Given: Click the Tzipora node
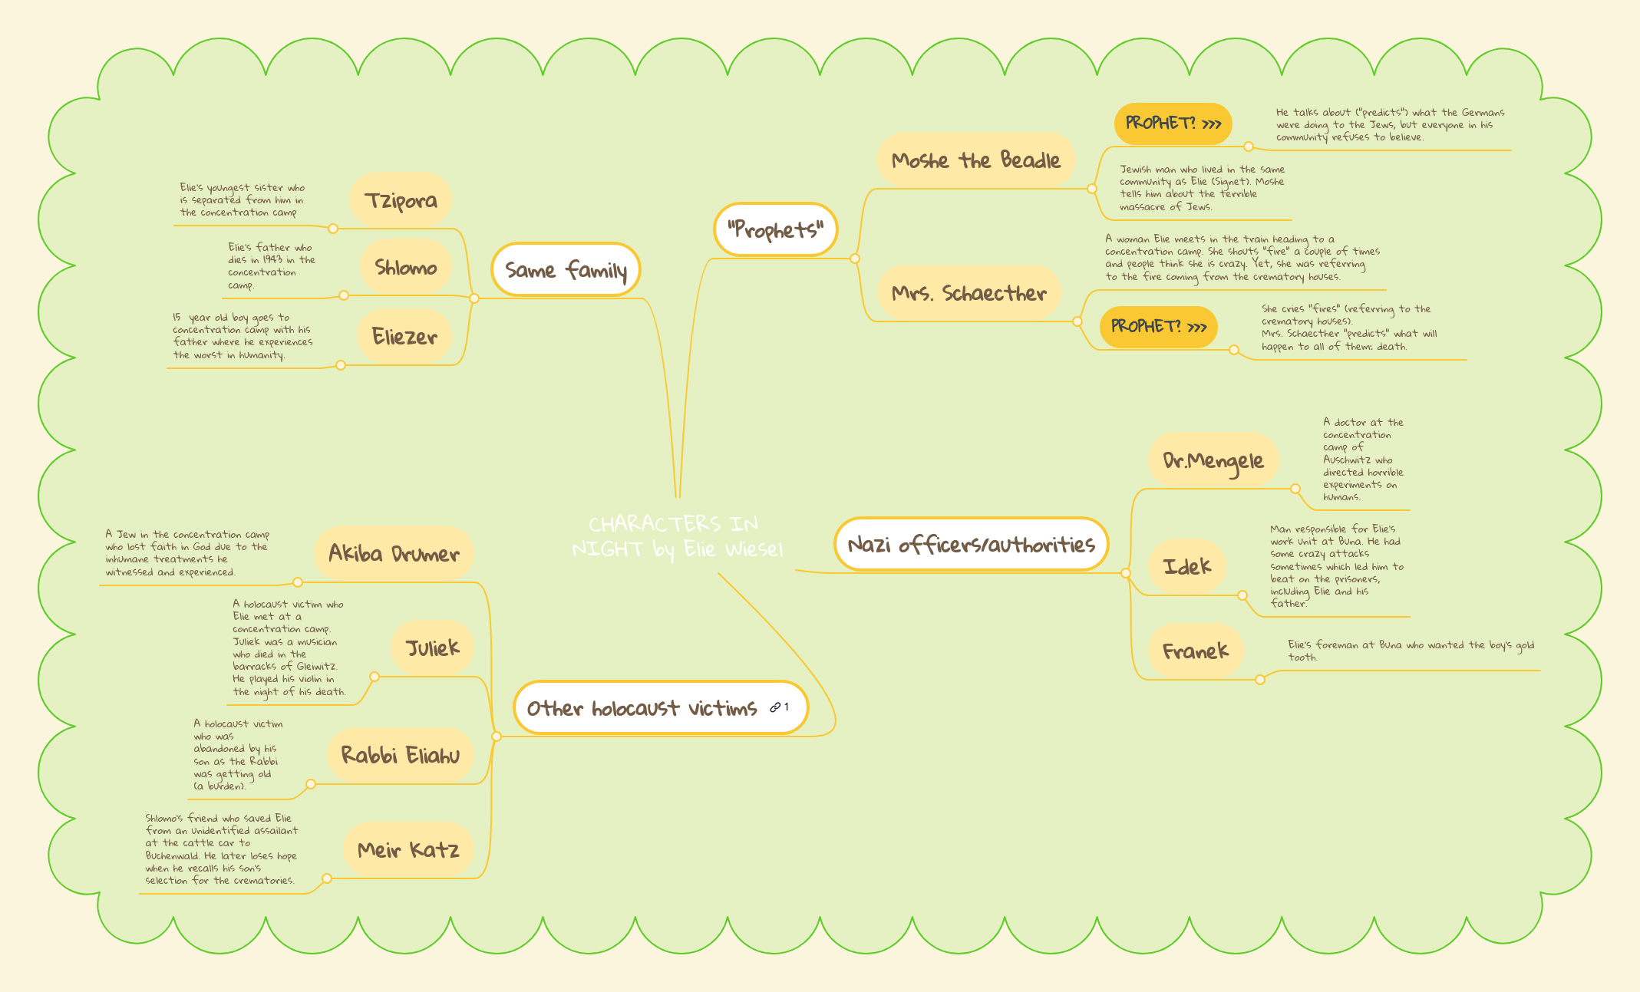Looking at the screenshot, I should click(401, 200).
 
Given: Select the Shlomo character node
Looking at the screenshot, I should click(405, 268).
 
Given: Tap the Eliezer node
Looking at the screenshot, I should click(404, 336).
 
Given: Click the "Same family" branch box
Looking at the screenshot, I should click(566, 270).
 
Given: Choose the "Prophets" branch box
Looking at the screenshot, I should click(775, 229).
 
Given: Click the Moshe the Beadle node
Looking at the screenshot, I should click(975, 160).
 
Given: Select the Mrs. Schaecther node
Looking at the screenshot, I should click(968, 293).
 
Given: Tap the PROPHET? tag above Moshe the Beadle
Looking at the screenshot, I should click(1173, 124).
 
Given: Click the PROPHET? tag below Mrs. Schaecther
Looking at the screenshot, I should click(1158, 327).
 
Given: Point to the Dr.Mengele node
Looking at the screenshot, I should click(1213, 460).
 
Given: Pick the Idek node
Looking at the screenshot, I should click(1186, 567).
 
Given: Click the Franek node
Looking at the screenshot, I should click(1195, 651).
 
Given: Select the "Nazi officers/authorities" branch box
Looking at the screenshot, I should click(971, 545).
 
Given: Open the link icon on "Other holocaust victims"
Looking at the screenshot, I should click(776, 707).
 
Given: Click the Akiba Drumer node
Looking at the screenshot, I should click(394, 553).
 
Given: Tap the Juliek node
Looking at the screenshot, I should click(432, 648).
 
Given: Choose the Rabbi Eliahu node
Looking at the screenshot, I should click(400, 755).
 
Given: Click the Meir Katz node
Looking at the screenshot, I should click(408, 849).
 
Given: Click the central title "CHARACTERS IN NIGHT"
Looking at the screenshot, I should click(677, 536).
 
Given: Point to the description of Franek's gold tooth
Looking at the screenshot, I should click(1411, 651).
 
